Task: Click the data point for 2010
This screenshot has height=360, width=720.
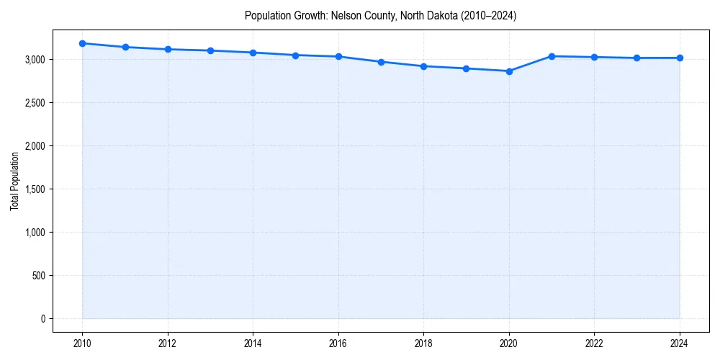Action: coord(83,43)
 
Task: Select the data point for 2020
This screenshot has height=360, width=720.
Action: coord(509,71)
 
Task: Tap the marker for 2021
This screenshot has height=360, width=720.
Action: coord(552,56)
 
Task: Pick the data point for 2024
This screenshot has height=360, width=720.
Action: coord(680,58)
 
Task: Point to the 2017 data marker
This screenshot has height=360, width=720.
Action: coord(381,62)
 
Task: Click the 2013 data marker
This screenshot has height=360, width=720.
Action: coord(210,50)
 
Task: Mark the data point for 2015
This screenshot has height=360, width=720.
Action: coord(296,55)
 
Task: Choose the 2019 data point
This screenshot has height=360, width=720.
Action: coord(467,68)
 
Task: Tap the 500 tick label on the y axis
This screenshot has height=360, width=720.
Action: coord(39,276)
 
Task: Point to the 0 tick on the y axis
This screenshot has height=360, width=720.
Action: coord(42,319)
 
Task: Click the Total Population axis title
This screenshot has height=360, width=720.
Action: coord(14,181)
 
